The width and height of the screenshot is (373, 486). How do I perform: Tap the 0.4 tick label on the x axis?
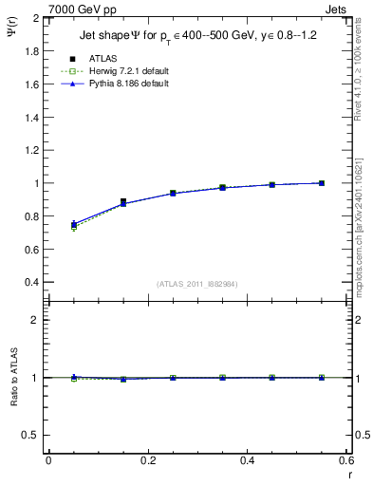tap(246, 460)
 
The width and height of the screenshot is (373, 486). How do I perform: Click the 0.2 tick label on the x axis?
tap(147, 460)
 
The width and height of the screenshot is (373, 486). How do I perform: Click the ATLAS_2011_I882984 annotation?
tap(196, 284)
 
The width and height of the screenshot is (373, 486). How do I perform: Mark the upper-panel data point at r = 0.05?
tap(74, 225)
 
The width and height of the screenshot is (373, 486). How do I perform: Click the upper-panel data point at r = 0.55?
tap(322, 183)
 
